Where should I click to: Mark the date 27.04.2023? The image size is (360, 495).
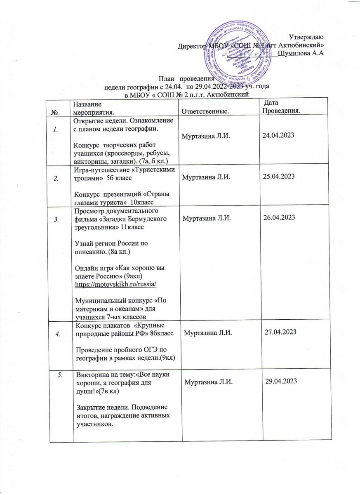(280, 331)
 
